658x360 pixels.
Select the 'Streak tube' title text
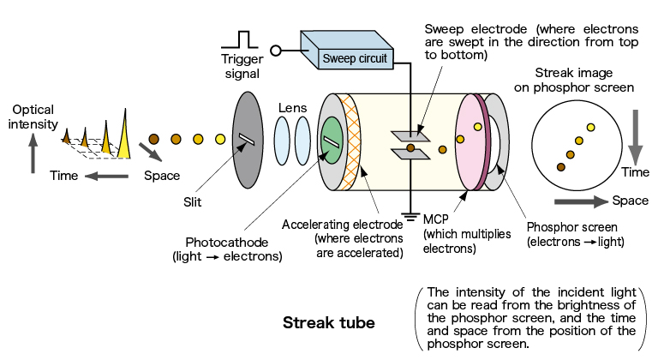tap(330, 323)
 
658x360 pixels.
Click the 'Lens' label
tap(292, 108)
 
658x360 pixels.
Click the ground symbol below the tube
tap(409, 217)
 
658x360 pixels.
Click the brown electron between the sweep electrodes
tap(410, 149)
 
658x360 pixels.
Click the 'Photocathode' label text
tap(226, 241)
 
